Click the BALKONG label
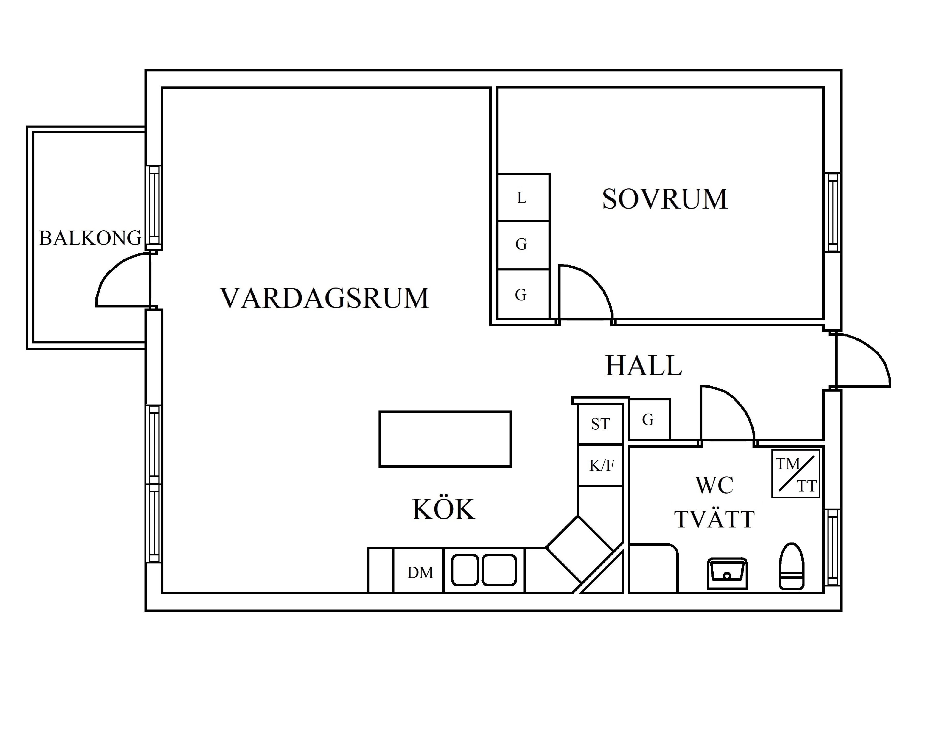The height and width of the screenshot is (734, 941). tap(90, 238)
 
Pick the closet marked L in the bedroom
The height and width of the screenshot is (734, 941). tap(523, 197)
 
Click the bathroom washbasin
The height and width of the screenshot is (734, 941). tap(727, 574)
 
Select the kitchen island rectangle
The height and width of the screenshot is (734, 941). tap(445, 439)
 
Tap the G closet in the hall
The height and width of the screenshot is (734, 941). tap(650, 420)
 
